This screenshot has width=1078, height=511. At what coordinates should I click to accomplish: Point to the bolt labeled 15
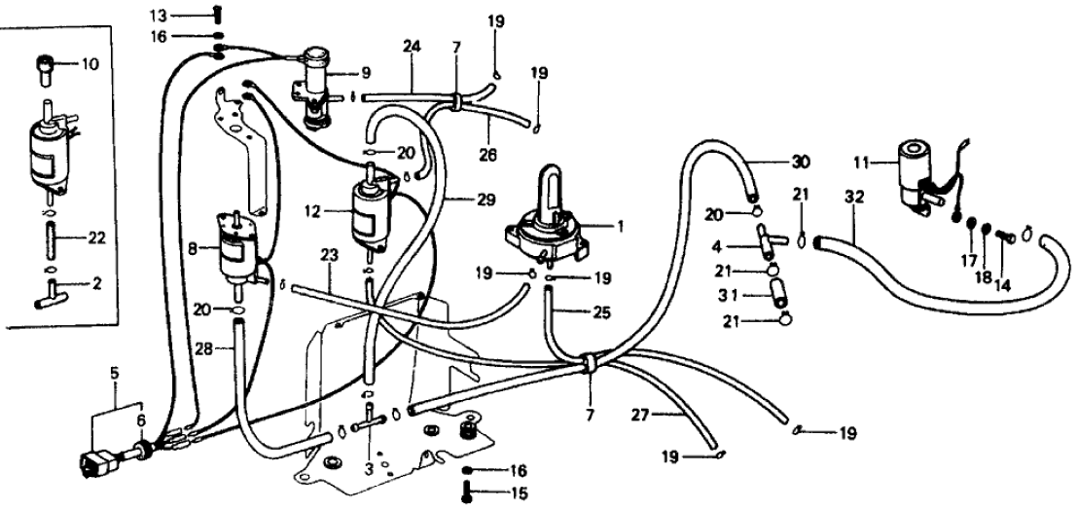click(x=468, y=493)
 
